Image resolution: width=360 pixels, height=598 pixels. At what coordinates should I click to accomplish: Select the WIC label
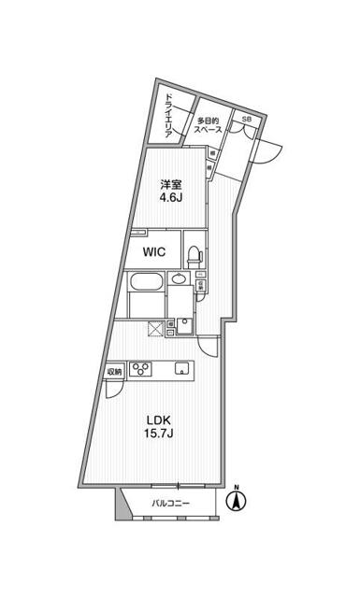pos(155,252)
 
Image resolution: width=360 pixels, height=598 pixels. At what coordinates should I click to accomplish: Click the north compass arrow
pos(237,503)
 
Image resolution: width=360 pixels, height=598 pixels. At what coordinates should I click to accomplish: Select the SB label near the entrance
pos(247,120)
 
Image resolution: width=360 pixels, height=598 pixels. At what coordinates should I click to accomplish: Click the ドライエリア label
pos(169,116)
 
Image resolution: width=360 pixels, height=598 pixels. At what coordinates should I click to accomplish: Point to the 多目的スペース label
pos(208,126)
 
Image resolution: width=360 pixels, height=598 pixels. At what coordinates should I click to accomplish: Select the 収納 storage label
pos(114,371)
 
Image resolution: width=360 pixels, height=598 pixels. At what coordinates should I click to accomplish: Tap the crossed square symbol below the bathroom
pos(154,327)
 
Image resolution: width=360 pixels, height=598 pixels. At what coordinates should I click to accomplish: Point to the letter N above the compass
pos(237,488)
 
